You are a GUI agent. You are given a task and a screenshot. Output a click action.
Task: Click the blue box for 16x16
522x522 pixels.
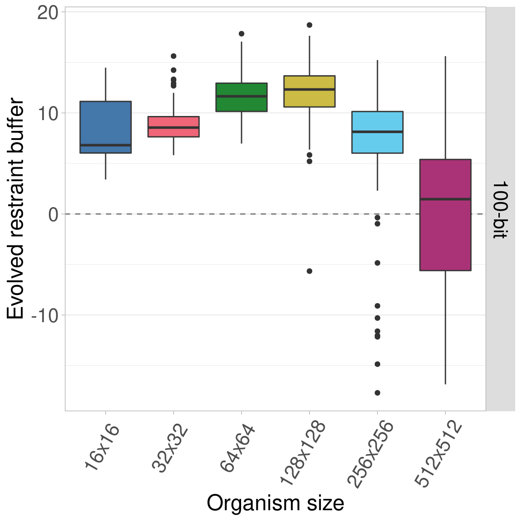106,127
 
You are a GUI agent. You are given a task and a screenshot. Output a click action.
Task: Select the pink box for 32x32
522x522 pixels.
174,126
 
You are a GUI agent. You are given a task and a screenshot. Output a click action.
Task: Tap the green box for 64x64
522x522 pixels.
242,97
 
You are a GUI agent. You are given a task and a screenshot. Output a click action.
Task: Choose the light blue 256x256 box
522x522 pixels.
377,132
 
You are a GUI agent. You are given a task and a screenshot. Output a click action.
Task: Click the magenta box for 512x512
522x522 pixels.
445,215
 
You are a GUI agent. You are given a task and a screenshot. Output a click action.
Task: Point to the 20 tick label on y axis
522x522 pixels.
48,13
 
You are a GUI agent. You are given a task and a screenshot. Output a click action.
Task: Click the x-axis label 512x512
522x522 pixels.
439,454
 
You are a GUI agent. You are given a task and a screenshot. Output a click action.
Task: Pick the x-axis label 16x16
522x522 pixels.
102,447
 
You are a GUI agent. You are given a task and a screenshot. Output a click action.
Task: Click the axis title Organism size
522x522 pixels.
275,503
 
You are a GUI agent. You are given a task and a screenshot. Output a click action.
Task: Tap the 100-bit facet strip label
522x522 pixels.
500,209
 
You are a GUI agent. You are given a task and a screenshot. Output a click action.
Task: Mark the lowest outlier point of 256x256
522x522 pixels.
377,393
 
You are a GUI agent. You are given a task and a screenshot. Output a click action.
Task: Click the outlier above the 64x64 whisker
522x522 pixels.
242,34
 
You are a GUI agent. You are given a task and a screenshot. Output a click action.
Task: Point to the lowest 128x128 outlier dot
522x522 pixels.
309,271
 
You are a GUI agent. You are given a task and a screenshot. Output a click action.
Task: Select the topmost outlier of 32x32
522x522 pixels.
174,56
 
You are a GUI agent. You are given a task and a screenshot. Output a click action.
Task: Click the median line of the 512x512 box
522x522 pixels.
445,199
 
